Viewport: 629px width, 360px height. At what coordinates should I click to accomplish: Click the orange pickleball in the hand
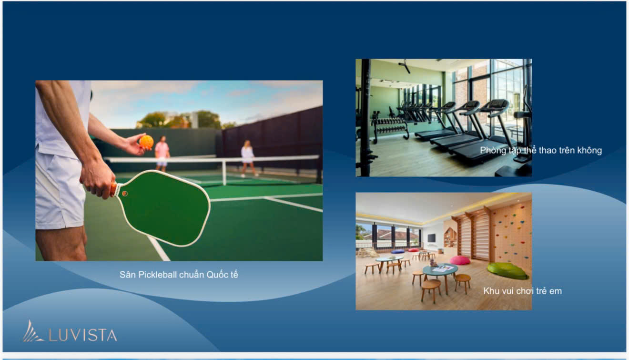pyautogui.click(x=146, y=142)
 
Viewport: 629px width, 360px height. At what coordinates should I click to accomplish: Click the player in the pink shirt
pyautogui.click(x=162, y=154)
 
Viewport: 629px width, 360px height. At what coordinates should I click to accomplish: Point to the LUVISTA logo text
pyautogui.click(x=83, y=335)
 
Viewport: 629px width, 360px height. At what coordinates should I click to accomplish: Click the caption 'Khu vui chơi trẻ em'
pyautogui.click(x=522, y=291)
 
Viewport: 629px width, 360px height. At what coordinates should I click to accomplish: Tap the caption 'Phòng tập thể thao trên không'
pyautogui.click(x=541, y=151)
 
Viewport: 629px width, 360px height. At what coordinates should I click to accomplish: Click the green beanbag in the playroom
pyautogui.click(x=507, y=271)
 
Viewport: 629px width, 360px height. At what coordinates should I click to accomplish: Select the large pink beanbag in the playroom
pyautogui.click(x=460, y=260)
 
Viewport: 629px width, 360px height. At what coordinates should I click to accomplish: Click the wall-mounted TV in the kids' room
pyautogui.click(x=431, y=238)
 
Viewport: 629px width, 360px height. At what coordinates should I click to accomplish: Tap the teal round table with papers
pyautogui.click(x=440, y=272)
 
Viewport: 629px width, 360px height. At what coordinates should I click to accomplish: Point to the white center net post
pyautogui.click(x=224, y=172)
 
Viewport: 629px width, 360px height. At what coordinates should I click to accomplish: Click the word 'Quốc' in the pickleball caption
pyautogui.click(x=214, y=275)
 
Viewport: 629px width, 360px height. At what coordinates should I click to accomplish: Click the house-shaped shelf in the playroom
pyautogui.click(x=450, y=238)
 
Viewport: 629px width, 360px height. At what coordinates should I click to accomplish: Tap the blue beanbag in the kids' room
pyautogui.click(x=398, y=251)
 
